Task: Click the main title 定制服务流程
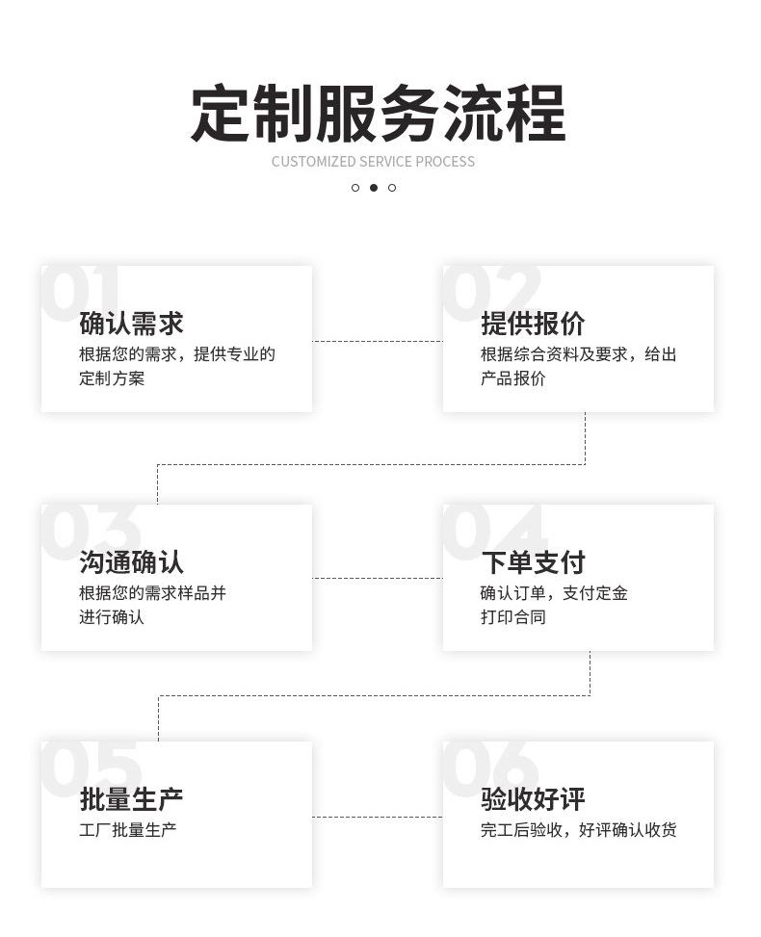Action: pyautogui.click(x=378, y=115)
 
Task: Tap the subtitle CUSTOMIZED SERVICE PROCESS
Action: pyautogui.click(x=373, y=162)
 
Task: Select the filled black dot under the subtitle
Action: pyautogui.click(x=374, y=188)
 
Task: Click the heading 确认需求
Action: pyautogui.click(x=131, y=324)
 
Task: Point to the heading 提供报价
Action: pyautogui.click(x=533, y=324)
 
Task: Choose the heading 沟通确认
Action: pyautogui.click(x=131, y=562)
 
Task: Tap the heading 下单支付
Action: pyautogui.click(x=533, y=562)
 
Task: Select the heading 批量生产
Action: pyautogui.click(x=131, y=799)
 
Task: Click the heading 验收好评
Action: pyautogui.click(x=533, y=799)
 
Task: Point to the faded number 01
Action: pyautogui.click(x=81, y=291)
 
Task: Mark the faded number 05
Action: pyautogui.click(x=91, y=767)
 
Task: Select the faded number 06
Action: pyautogui.click(x=491, y=767)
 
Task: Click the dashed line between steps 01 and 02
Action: pyautogui.click(x=378, y=341)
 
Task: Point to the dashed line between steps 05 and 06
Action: pyautogui.click(x=378, y=818)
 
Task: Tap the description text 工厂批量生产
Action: pyautogui.click(x=128, y=830)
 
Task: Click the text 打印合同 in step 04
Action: pyautogui.click(x=513, y=617)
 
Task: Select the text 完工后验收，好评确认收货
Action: pyautogui.click(x=578, y=830)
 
